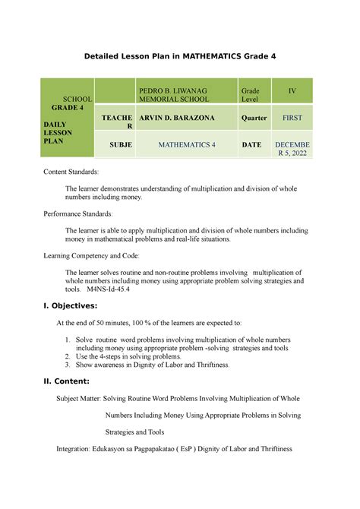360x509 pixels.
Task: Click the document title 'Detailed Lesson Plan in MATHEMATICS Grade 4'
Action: tap(180, 55)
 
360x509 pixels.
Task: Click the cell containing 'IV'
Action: tap(292, 90)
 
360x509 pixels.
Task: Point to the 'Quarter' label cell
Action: tap(254, 119)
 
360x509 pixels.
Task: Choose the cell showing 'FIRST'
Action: tap(292, 119)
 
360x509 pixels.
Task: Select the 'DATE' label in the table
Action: tap(251, 144)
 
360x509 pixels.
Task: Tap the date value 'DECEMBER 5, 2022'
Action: tap(292, 148)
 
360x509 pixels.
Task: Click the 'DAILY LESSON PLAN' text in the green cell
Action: tap(62, 132)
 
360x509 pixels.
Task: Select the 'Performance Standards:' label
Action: tap(84, 215)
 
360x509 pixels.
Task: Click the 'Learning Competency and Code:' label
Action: tap(96, 257)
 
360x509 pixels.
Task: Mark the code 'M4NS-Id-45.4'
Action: tap(109, 289)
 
